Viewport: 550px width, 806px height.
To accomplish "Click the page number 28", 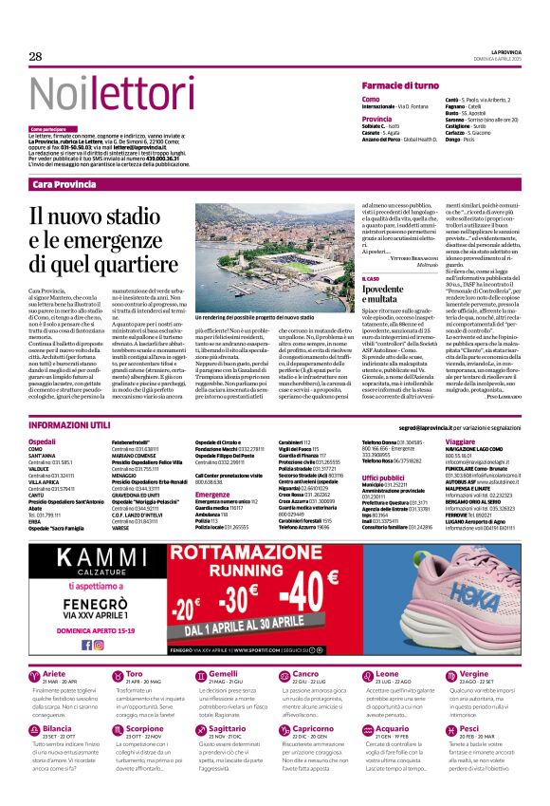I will click(36, 57).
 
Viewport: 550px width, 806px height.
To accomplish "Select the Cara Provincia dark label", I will click(64, 184).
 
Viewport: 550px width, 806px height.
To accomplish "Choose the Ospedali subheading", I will click(43, 442).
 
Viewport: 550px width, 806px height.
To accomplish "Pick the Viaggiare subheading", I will click(461, 442).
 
